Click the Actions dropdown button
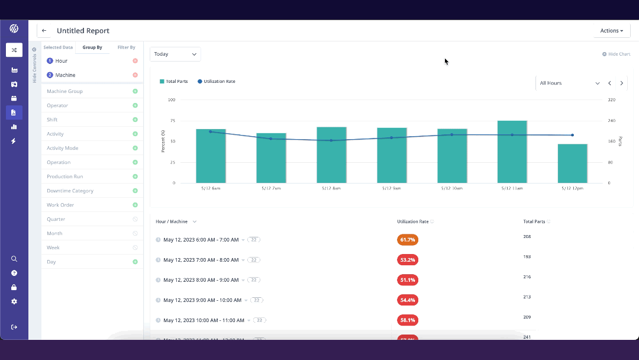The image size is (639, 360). pyautogui.click(x=611, y=31)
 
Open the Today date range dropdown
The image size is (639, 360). pyautogui.click(x=175, y=54)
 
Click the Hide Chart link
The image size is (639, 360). pyautogui.click(x=617, y=54)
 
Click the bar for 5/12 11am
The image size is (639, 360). pyautogui.click(x=512, y=152)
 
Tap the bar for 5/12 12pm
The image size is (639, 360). pyautogui.click(x=572, y=163)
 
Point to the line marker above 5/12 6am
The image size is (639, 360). pyautogui.click(x=211, y=131)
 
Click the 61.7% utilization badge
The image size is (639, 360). pyautogui.click(x=408, y=240)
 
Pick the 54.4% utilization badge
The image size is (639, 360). pyautogui.click(x=408, y=300)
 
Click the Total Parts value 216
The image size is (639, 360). pyautogui.click(x=527, y=277)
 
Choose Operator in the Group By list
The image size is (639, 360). pyautogui.click(x=57, y=105)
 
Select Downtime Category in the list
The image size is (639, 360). pyautogui.click(x=70, y=191)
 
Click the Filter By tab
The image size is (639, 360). pyautogui.click(x=126, y=47)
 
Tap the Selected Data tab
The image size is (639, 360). pyautogui.click(x=58, y=47)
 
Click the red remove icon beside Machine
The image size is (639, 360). pyautogui.click(x=135, y=75)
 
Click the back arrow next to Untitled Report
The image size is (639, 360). pyautogui.click(x=44, y=31)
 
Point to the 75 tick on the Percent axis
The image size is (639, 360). pyautogui.click(x=172, y=121)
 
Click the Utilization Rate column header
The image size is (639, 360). pyautogui.click(x=412, y=221)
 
